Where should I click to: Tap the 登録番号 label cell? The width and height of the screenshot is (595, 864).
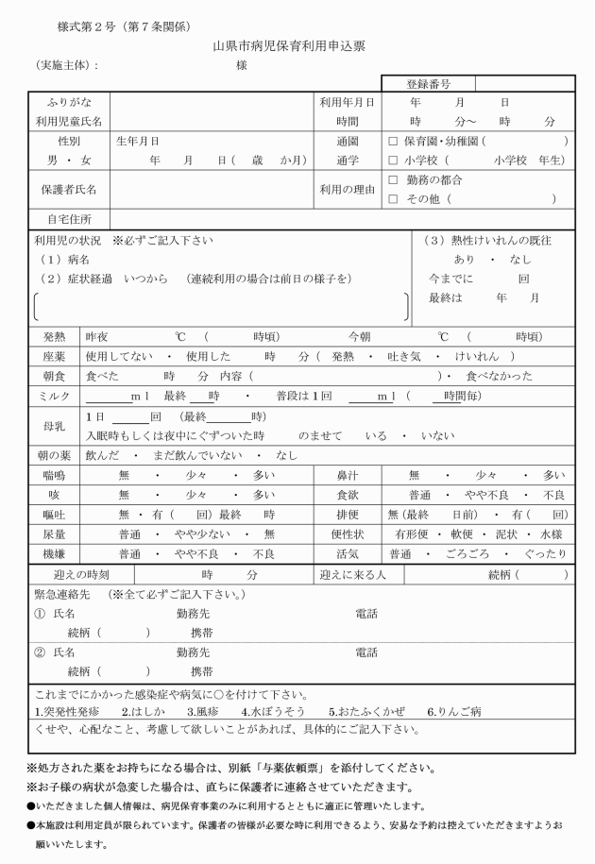tap(428, 84)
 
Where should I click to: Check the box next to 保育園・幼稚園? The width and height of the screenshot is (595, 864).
tap(393, 141)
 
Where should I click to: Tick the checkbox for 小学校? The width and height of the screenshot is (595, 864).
tap(393, 160)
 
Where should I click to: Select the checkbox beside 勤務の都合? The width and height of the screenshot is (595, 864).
tap(393, 179)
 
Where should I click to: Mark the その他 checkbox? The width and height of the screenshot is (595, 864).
tap(393, 198)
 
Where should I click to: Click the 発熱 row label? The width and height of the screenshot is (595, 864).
tap(55, 336)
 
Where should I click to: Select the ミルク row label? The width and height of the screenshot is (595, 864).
tap(55, 396)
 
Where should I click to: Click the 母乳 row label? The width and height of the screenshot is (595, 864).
tap(55, 426)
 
